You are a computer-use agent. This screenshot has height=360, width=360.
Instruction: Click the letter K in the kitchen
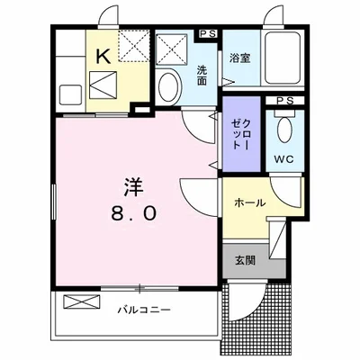tap(103, 57)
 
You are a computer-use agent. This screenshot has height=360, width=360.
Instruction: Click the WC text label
tap(283, 162)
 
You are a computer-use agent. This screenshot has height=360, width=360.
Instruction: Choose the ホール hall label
tap(249, 202)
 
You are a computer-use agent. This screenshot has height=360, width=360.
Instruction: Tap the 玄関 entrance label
tap(245, 260)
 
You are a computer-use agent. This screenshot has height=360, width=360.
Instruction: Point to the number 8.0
tap(136, 214)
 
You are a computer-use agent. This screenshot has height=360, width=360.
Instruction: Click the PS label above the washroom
tap(208, 35)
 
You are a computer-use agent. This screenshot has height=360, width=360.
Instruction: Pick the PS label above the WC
tap(283, 100)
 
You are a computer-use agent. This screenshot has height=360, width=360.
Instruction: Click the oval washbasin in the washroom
tap(167, 88)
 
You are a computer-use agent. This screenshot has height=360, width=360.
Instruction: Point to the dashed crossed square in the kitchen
tap(133, 45)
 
